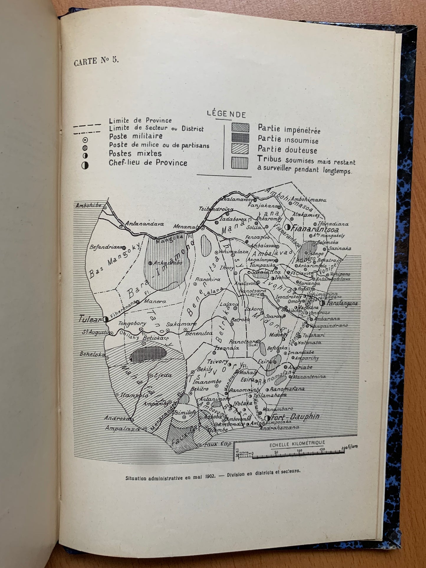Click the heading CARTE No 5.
96,61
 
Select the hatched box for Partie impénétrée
240,128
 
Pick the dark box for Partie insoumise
240,138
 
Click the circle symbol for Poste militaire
85,140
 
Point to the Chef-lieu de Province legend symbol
85,165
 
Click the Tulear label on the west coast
90,319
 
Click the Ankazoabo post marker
150,263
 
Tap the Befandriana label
106,247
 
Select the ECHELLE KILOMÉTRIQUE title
297,443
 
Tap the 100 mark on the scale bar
300,451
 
